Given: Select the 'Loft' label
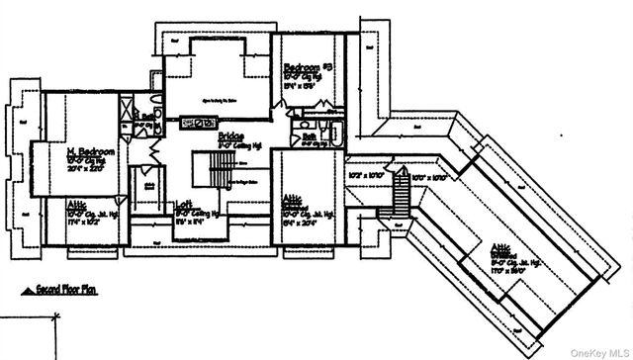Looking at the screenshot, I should coord(183,205).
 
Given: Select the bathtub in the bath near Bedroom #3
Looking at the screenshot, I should coord(332,134).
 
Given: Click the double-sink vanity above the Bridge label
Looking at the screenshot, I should coord(198,122).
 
